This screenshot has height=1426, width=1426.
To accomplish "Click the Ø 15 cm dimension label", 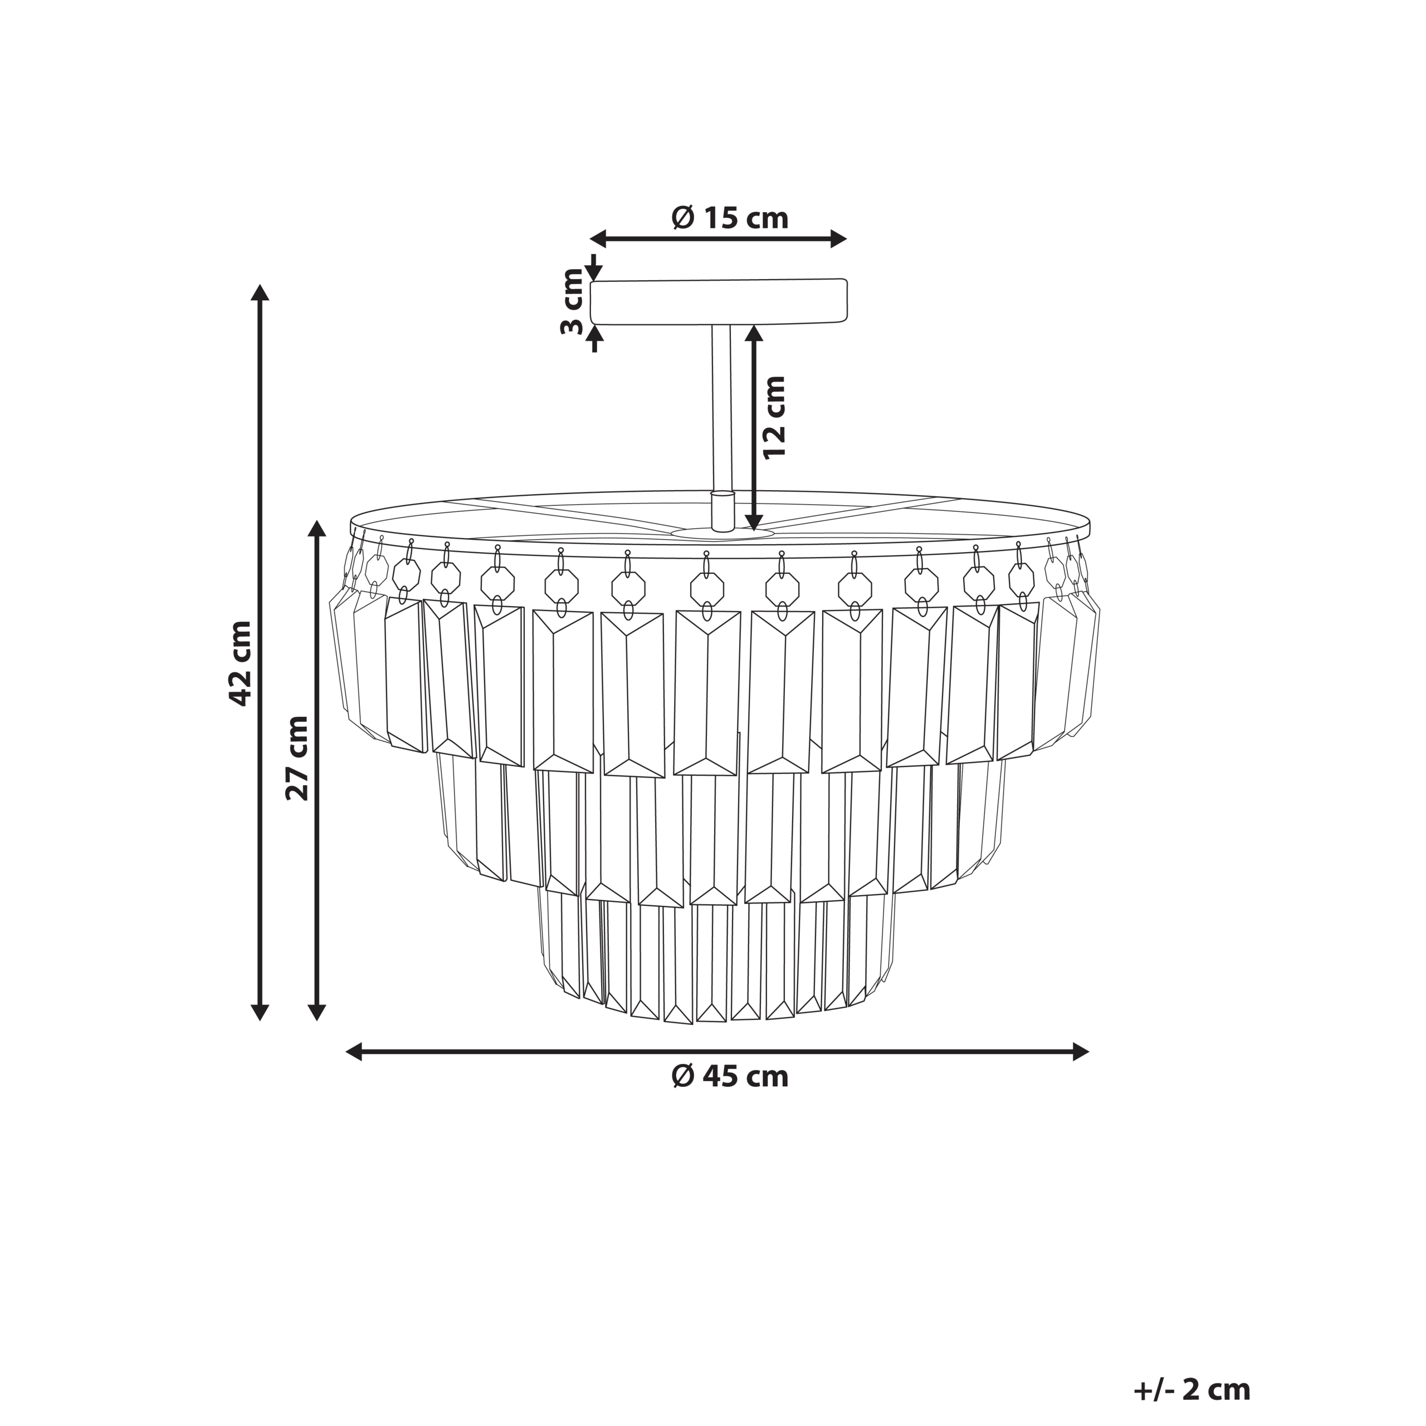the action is click(730, 218).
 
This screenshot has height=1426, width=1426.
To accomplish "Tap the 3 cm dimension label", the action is click(573, 302).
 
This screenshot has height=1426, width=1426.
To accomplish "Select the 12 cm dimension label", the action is click(775, 418).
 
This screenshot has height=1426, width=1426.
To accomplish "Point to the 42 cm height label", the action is click(241, 663).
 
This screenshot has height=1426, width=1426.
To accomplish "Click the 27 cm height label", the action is click(297, 758).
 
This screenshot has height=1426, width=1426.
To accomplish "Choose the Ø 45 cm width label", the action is click(730, 1077).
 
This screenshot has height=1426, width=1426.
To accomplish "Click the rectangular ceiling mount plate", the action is click(718, 302).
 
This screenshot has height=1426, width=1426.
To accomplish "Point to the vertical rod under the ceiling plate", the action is click(721, 409).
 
